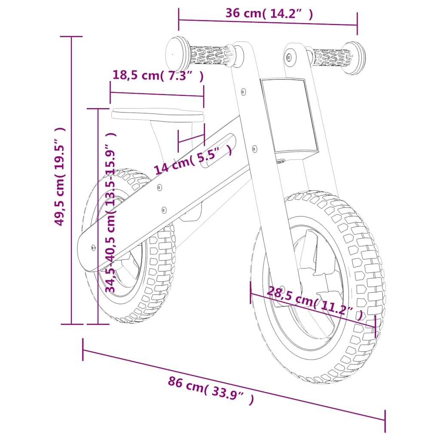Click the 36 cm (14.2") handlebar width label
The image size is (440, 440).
pos(269,13)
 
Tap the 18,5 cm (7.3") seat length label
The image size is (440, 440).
pos(157,75)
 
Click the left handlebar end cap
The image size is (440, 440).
pos(177,54)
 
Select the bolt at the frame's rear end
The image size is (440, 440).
pos(93,247)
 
